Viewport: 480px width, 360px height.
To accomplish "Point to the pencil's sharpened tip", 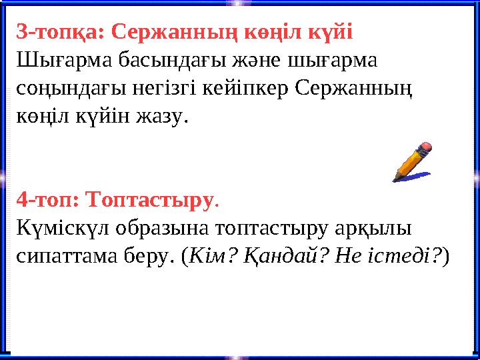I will click(395, 178).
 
